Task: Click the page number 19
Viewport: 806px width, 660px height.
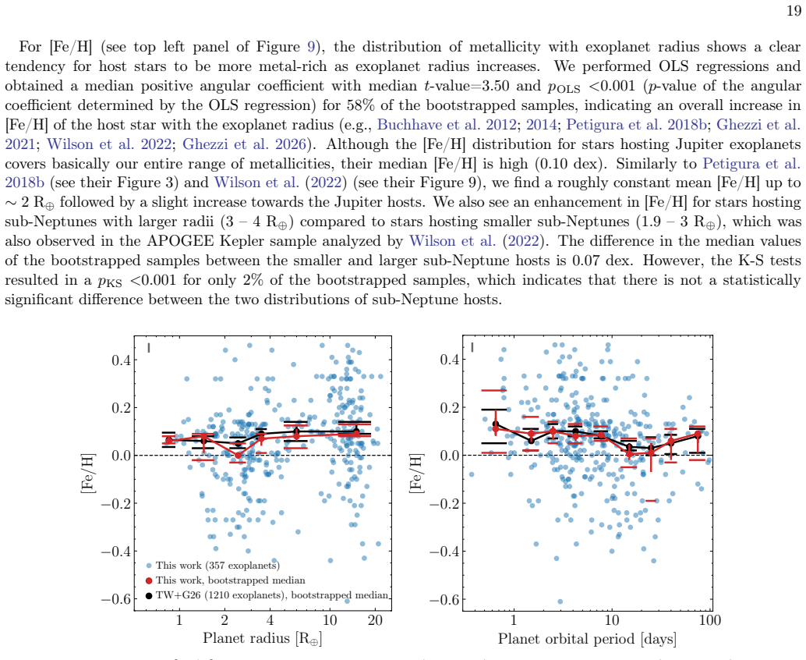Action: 794,10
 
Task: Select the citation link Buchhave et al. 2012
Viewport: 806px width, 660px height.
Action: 447,125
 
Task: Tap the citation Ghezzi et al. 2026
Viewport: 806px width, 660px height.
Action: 244,144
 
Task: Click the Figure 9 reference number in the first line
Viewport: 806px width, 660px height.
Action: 311,47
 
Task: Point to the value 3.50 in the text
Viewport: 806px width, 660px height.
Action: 495,86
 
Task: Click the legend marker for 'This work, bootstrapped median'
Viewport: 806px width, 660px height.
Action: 149,580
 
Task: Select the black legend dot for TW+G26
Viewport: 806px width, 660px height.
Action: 149,596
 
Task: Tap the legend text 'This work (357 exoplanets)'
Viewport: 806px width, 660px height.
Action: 218,566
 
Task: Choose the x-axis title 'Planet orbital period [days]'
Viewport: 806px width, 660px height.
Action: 587,639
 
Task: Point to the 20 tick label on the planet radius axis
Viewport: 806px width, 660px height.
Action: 375,620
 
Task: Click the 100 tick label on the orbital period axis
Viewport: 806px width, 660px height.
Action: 710,620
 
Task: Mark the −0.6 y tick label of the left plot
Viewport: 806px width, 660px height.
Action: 115,599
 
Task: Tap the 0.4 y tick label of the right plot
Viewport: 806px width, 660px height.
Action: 450,359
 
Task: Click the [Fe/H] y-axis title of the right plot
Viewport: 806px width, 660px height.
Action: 415,474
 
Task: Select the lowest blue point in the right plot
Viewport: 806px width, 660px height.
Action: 560,601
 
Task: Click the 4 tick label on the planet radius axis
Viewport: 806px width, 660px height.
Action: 270,620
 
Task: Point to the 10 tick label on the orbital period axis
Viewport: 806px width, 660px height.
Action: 612,620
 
